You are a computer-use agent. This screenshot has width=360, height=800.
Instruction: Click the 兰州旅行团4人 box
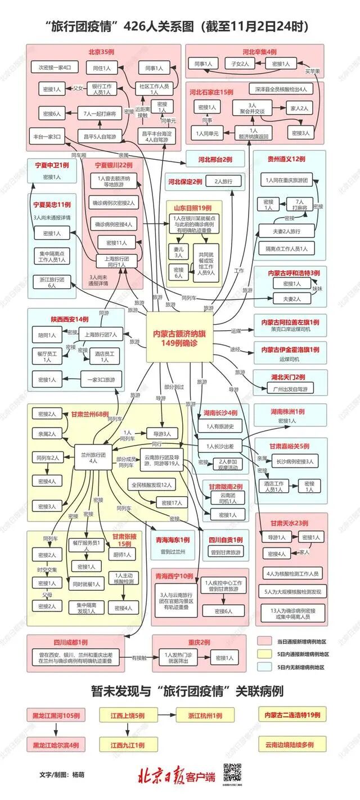[93, 457]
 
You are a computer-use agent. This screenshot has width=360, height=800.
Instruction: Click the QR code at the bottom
[232, 772]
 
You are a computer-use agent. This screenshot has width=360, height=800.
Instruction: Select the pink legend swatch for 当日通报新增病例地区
[265, 641]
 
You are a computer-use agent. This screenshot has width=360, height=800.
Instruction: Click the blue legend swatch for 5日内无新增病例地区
[265, 667]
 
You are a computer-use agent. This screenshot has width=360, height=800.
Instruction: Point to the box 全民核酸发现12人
[152, 484]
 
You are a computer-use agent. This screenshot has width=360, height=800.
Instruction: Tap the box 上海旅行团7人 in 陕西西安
[101, 334]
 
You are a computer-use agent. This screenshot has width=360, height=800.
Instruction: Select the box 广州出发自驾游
[290, 388]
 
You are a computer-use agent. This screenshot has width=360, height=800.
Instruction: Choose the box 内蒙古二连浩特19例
[292, 714]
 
